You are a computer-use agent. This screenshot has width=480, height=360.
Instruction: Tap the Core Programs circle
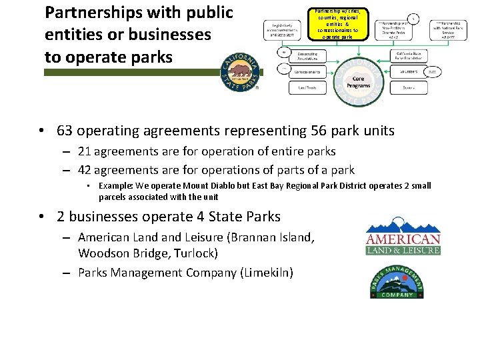pos(358,81)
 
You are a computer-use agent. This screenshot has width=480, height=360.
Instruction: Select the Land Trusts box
pos(307,87)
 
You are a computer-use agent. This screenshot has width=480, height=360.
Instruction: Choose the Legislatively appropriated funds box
pos(285,32)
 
